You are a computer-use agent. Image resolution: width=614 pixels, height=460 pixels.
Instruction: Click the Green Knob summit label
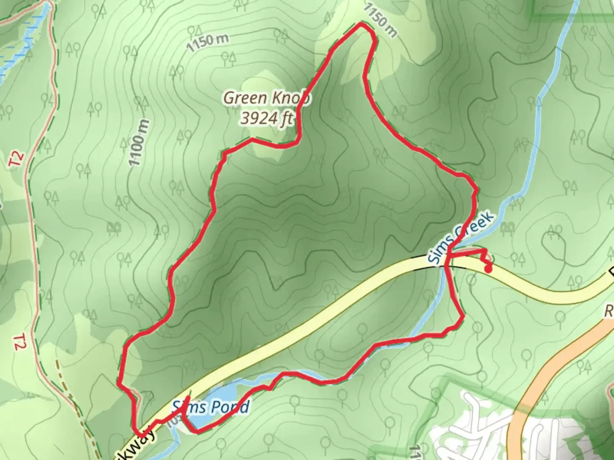coord(266,98)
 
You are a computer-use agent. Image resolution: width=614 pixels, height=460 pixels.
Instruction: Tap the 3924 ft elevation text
coord(266,118)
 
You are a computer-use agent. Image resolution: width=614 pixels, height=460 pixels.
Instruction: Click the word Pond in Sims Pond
coord(229,408)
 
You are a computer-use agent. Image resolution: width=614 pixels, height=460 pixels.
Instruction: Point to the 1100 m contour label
coord(140,143)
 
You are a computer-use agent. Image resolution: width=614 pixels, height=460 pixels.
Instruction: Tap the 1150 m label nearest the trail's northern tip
coord(381,20)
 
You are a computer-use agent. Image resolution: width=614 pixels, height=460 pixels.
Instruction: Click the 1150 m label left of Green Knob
coord(208,42)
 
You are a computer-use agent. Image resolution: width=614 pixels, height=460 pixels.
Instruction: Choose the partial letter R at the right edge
coord(608,311)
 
